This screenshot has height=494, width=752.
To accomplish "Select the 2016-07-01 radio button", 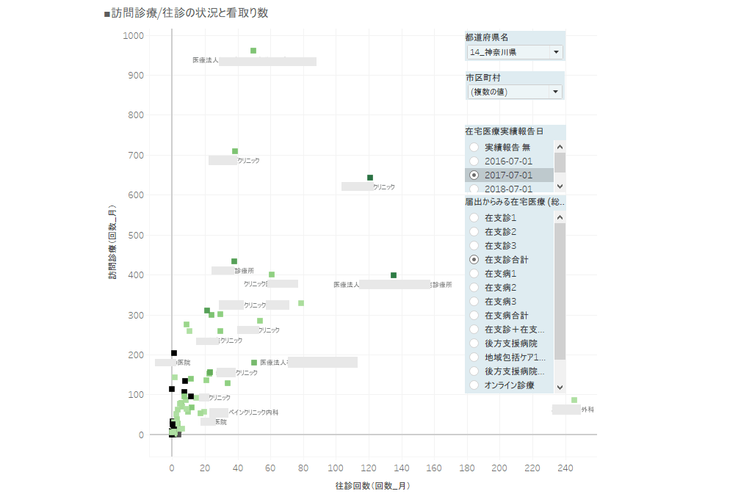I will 474,161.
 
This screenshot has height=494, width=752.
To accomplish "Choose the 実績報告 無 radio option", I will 474,148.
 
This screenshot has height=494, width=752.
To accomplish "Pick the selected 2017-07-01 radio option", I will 474,175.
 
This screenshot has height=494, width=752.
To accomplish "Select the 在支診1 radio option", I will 474,218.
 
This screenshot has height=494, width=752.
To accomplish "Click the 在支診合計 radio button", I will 474,260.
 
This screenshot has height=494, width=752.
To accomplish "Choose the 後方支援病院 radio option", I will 474,343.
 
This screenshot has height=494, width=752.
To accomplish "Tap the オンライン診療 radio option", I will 474,385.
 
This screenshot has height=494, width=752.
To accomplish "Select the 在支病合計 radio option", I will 474,315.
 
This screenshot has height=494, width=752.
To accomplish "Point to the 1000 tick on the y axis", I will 133,35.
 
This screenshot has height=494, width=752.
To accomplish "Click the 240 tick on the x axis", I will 565,468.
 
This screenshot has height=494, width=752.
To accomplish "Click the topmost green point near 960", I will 253,51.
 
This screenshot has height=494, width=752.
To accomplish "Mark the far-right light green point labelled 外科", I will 574,400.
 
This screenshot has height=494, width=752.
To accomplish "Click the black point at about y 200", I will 174,353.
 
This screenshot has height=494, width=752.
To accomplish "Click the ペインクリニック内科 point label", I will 253,413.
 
